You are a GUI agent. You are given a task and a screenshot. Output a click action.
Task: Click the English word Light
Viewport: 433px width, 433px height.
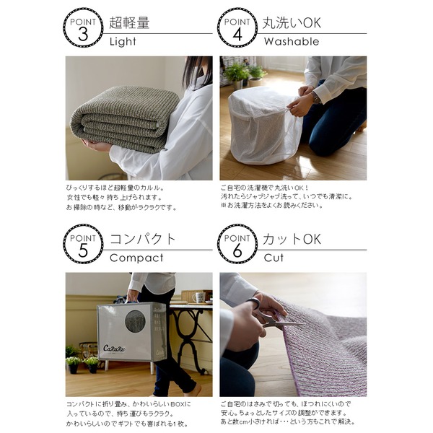click(x=123, y=42)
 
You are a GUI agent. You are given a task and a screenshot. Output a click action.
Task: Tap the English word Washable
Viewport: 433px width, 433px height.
click(x=291, y=42)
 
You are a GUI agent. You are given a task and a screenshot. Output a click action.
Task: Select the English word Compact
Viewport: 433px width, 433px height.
click(x=136, y=258)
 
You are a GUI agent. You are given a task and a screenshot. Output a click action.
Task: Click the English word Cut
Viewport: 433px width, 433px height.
click(x=274, y=258)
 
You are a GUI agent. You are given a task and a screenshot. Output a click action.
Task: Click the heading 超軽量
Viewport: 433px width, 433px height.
click(x=130, y=22)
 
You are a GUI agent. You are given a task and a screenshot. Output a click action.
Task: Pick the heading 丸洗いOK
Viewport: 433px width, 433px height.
click(x=292, y=22)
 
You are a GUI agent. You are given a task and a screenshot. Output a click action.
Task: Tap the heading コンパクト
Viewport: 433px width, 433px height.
click(x=143, y=239)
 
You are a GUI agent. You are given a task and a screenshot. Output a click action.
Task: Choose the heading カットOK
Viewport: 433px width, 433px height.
click(x=292, y=239)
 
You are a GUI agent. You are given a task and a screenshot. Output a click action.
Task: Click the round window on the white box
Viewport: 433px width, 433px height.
click(x=135, y=321)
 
